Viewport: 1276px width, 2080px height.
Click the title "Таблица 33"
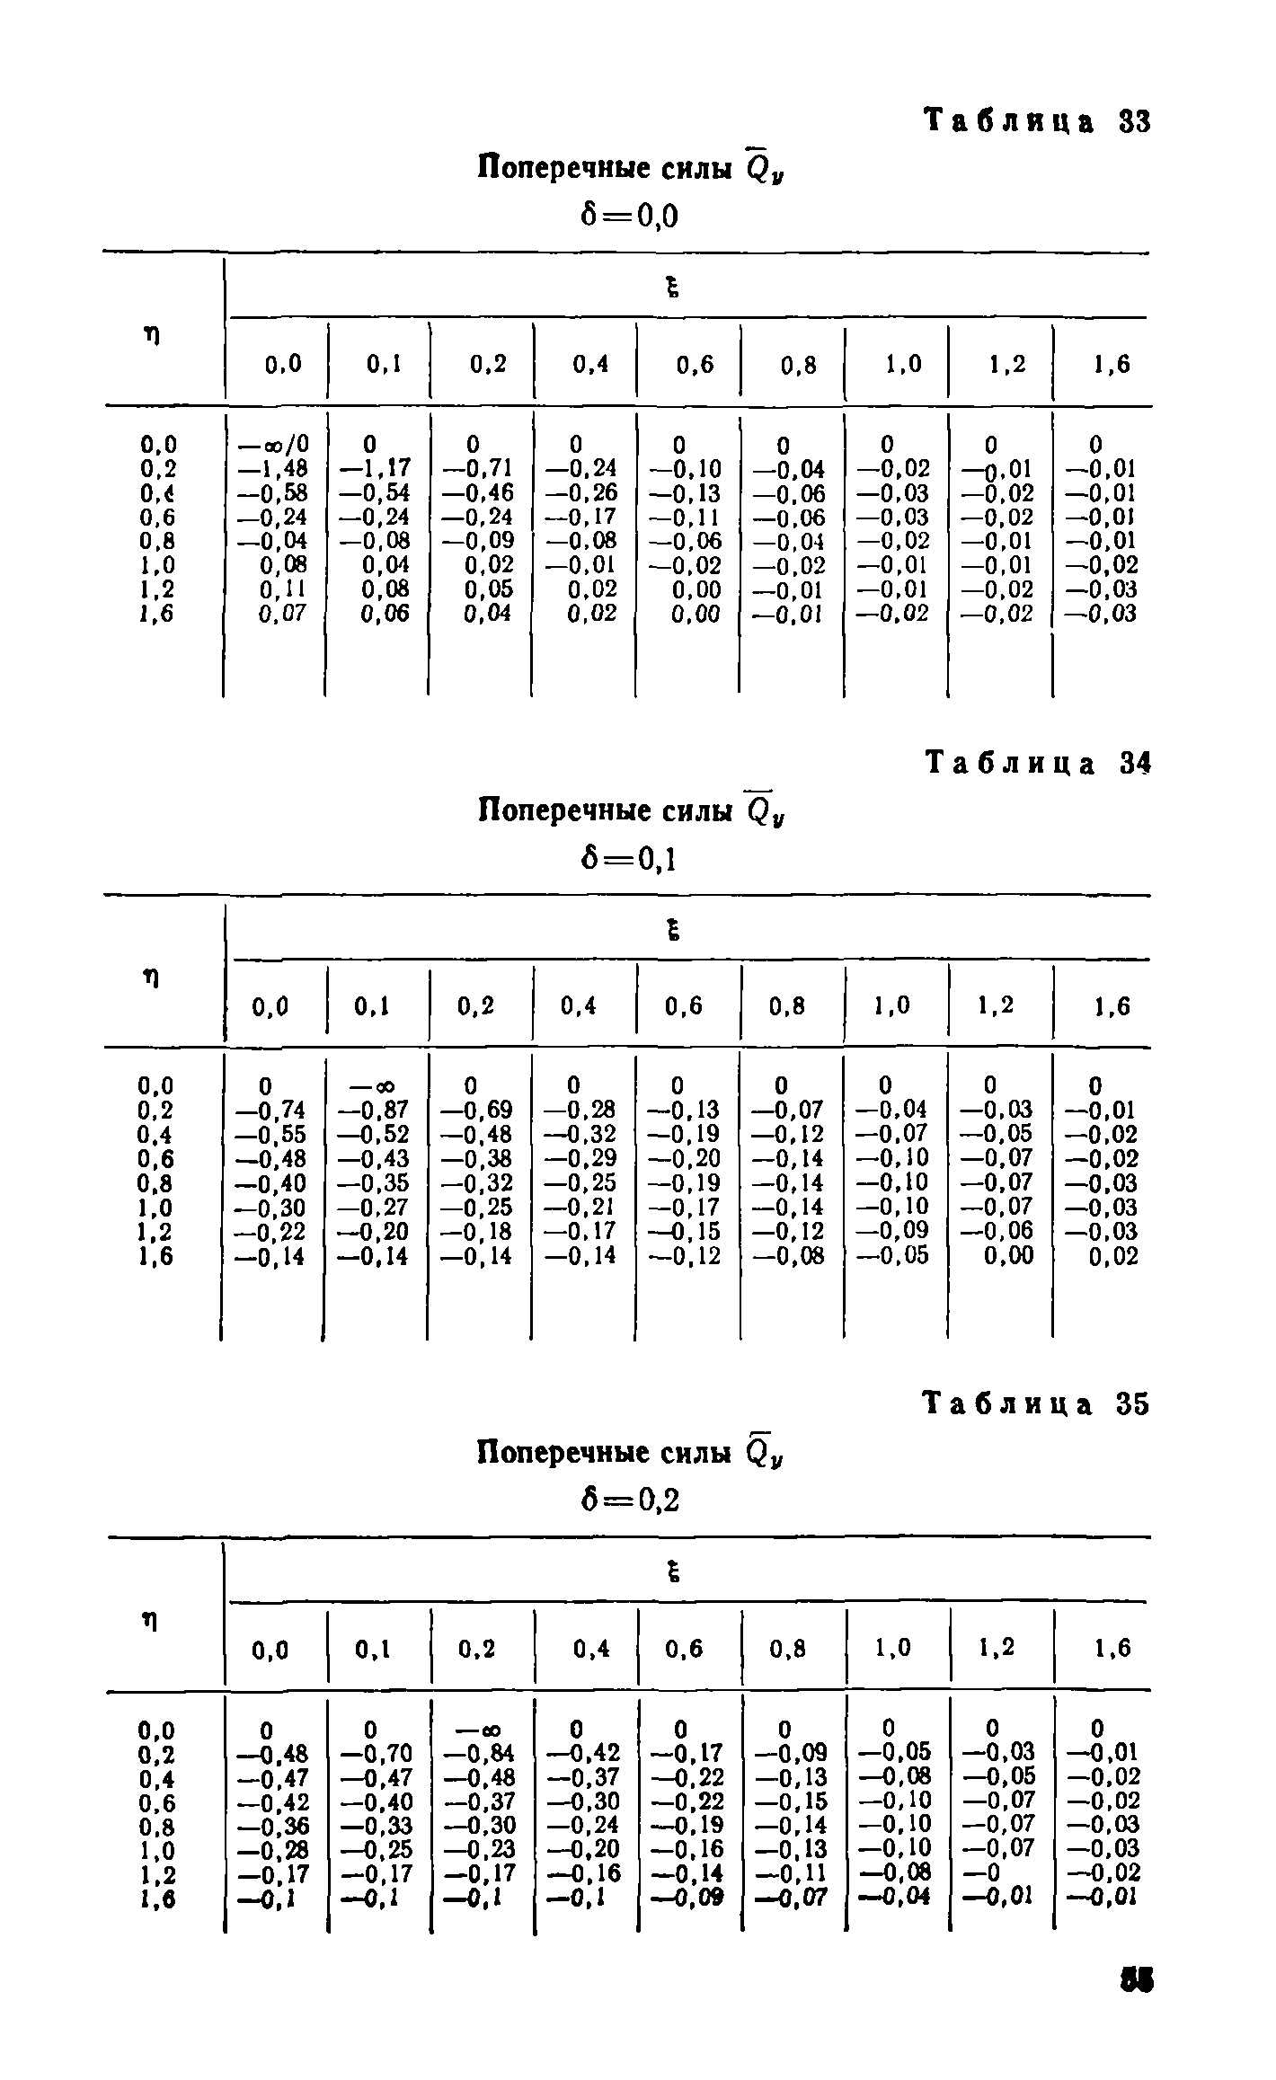click(x=1038, y=121)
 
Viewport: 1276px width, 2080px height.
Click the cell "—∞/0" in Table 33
click(x=272, y=445)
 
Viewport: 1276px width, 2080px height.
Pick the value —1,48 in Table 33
click(x=272, y=469)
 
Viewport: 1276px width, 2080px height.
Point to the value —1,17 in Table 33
click(x=377, y=469)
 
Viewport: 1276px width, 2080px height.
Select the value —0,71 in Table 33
click(x=479, y=469)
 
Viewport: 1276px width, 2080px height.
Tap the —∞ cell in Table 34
click(x=377, y=1086)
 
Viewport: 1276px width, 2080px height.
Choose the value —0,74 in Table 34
click(x=270, y=1111)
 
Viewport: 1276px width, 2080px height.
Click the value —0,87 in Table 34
click(x=374, y=1111)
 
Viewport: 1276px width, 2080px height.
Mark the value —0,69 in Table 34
click(x=478, y=1111)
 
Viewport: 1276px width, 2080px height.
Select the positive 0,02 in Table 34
click(x=1113, y=1256)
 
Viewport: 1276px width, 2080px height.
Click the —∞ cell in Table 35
click(x=480, y=1730)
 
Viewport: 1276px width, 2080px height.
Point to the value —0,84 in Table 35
click(x=478, y=1753)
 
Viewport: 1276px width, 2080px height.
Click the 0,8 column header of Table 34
click(x=788, y=1007)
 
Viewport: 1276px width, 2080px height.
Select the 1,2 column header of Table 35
click(x=996, y=1648)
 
